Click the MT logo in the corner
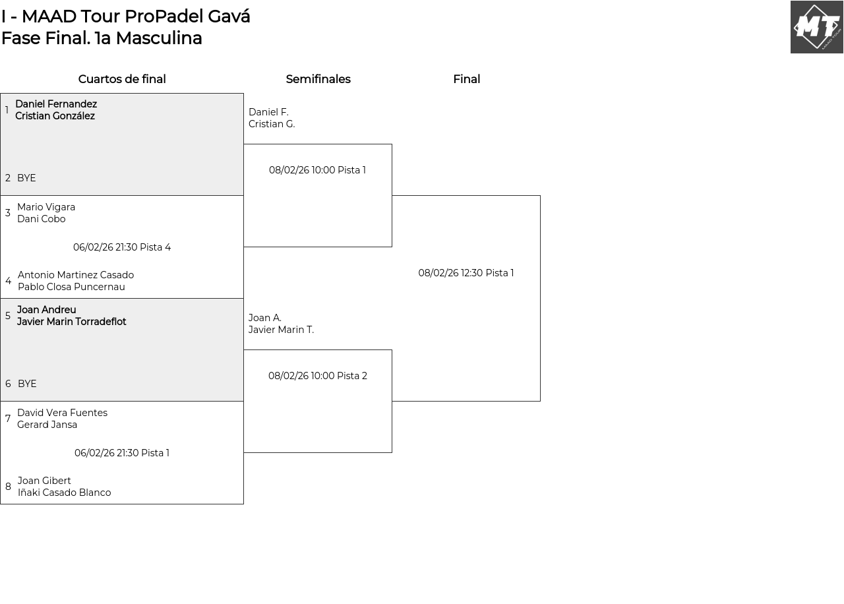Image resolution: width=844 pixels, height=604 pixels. click(816, 27)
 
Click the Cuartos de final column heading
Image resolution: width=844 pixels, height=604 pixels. click(122, 79)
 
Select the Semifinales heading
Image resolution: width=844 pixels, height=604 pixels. click(318, 79)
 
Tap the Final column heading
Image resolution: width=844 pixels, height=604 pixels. click(466, 79)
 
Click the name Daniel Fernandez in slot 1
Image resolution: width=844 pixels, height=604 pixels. click(56, 104)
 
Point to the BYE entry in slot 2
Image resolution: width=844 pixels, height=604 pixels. click(26, 178)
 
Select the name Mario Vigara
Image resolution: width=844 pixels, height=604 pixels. click(46, 207)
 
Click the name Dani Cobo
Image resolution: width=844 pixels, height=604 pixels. click(42, 219)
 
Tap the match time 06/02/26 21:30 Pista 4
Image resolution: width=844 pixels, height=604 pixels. click(122, 247)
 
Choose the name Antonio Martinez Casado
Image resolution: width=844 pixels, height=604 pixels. click(76, 275)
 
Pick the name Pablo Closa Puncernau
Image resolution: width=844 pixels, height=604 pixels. click(71, 287)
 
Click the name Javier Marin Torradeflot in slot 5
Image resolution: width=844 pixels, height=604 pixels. click(72, 322)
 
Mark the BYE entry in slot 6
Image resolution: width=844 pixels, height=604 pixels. click(27, 384)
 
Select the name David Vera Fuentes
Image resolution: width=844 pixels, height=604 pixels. click(62, 413)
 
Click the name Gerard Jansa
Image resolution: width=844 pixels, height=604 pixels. click(47, 425)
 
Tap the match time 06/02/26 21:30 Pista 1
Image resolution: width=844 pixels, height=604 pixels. click(122, 453)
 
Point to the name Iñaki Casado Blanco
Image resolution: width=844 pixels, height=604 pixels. click(65, 493)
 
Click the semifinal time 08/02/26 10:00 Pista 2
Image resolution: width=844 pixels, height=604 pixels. click(318, 376)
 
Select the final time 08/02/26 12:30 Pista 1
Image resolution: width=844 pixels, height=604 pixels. click(466, 273)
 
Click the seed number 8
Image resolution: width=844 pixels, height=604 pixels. click(8, 487)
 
